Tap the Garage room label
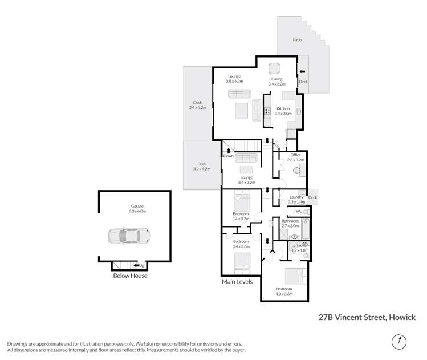pos(137,207)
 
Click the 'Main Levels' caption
pos(237,281)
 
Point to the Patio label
pos(297,41)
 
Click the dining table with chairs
pos(275,68)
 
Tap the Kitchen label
pos(283,108)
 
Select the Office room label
pos(295,155)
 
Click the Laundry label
pos(296,197)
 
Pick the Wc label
pos(298,212)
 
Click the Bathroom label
pos(290,221)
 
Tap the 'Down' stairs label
pos(228,156)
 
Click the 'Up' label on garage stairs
pos(141,265)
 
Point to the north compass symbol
pos(398,342)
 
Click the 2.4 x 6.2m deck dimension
pos(198,107)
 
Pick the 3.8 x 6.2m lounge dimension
pos(234,82)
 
